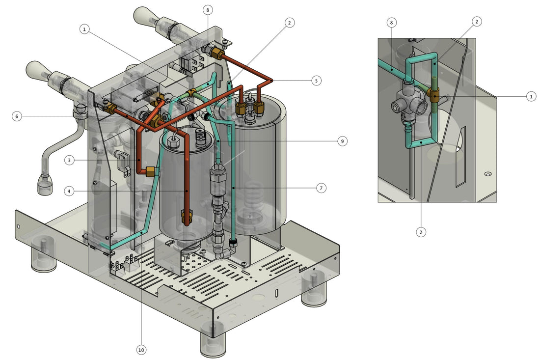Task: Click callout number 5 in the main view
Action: pos(317,80)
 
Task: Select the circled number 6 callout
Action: pos(17,116)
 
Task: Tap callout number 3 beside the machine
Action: pos(70,160)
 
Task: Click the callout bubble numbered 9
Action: pos(342,141)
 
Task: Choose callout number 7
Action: pos(321,188)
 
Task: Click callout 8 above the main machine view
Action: pos(208,10)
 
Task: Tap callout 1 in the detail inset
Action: pos(531,97)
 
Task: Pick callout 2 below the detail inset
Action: pos(421,232)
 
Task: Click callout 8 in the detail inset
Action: pos(391,23)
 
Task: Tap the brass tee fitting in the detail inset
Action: pos(434,94)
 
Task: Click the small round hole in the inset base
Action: pos(487,174)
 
